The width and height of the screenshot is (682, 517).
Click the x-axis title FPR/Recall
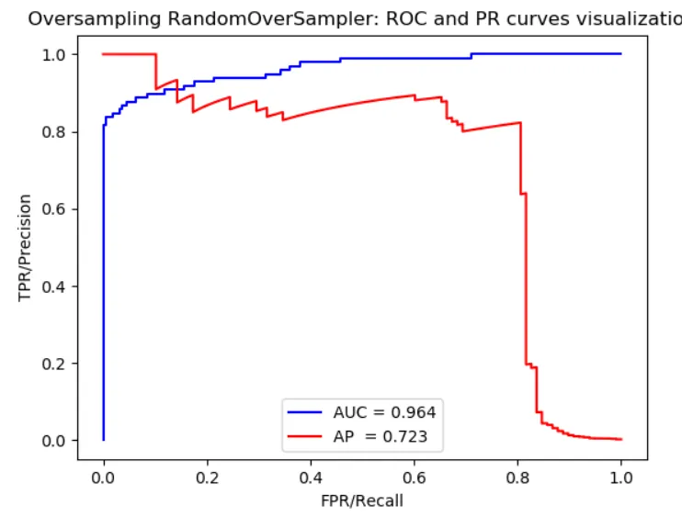[x=362, y=501]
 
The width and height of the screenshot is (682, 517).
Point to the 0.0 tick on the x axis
[x=104, y=478]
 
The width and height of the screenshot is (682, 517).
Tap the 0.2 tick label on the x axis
[x=208, y=478]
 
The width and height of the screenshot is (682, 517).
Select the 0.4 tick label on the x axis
[x=311, y=478]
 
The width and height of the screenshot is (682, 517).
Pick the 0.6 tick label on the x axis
[x=415, y=478]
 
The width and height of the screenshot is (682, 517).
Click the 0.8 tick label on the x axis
[x=518, y=478]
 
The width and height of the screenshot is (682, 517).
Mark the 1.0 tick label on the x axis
[x=621, y=478]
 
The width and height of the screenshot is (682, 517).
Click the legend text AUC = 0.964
[x=384, y=411]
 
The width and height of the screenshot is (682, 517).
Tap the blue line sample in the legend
[x=304, y=411]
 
